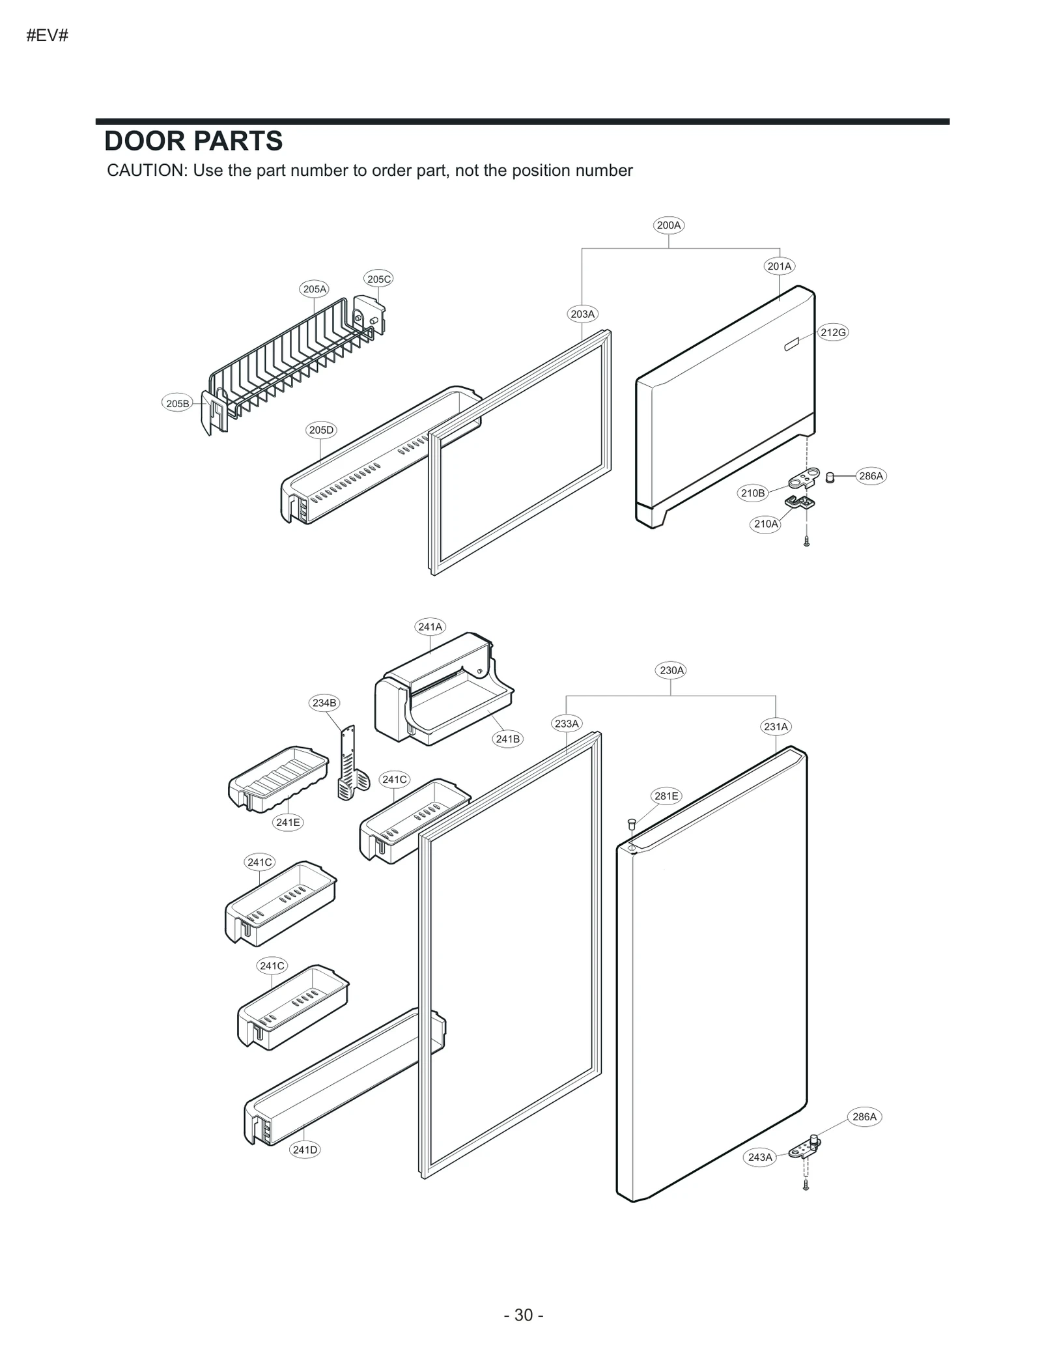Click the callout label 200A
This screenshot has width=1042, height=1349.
tap(668, 225)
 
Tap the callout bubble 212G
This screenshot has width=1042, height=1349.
tap(832, 332)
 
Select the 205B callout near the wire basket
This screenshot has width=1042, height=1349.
tap(177, 403)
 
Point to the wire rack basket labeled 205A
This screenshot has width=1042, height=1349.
tap(293, 365)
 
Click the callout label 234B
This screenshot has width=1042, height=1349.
tap(324, 702)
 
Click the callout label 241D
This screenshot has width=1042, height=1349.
tap(305, 1149)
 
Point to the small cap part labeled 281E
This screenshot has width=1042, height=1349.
tap(630, 823)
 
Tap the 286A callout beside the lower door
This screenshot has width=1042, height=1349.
tap(864, 1116)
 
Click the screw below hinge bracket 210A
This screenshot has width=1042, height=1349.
tap(806, 541)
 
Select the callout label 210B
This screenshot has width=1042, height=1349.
tap(752, 493)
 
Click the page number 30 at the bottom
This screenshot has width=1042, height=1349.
tap(524, 1314)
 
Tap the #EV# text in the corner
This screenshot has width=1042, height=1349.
tap(47, 35)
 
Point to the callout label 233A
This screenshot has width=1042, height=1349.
tap(566, 723)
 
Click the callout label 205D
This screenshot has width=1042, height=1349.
tap(321, 430)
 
